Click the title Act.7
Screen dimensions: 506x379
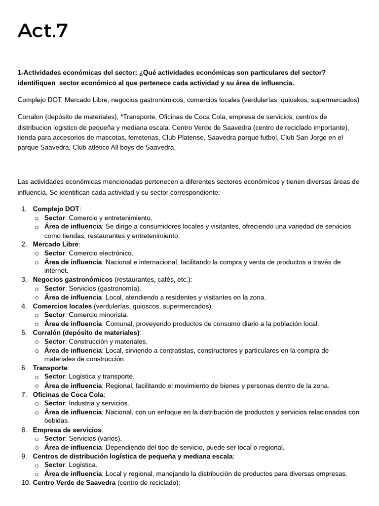click(43, 31)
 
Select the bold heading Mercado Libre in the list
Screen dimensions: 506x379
click(55, 244)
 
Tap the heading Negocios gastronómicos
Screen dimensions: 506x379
click(73, 280)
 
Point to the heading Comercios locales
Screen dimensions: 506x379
click(62, 306)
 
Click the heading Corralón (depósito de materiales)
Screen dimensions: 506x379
click(86, 333)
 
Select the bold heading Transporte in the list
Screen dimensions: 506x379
click(50, 368)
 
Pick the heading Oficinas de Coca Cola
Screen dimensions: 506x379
click(68, 394)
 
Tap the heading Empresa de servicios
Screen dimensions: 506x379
click(67, 430)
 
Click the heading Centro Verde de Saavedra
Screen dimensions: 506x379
click(75, 483)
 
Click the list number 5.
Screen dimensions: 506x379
click(24, 333)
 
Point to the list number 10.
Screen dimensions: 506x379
click(23, 483)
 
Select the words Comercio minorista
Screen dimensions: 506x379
click(98, 315)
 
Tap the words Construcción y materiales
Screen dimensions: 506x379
click(108, 341)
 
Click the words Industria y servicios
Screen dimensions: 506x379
click(99, 403)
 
